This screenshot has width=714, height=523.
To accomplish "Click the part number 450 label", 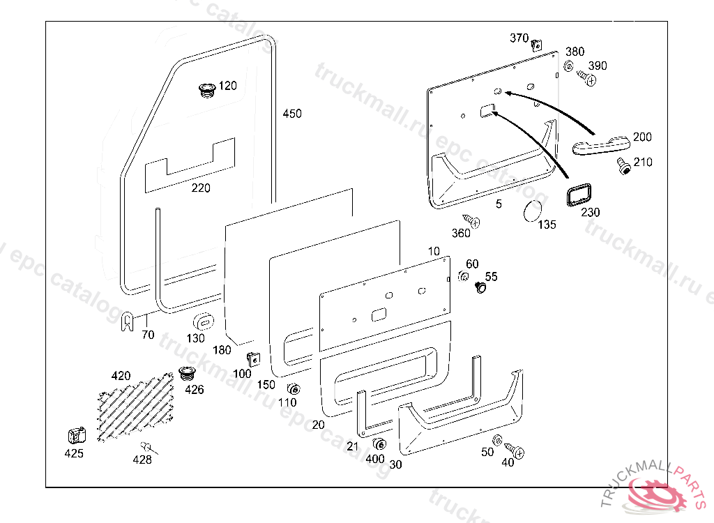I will [292, 114].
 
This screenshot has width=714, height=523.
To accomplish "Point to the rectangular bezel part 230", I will [579, 194].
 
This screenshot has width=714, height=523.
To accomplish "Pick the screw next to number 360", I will [473, 222].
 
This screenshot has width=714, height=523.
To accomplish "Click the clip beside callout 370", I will [536, 45].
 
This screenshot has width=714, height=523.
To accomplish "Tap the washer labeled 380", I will [568, 67].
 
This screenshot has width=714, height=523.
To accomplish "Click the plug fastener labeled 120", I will [206, 89].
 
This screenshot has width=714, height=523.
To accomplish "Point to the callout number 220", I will [201, 188].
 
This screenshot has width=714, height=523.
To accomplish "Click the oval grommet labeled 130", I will [202, 322].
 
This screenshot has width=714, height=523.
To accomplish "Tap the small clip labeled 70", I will [127, 321].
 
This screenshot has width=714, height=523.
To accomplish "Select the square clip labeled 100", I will [252, 358].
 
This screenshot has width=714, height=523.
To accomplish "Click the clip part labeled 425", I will [76, 436].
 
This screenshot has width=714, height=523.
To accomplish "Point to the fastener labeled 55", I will [480, 287].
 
